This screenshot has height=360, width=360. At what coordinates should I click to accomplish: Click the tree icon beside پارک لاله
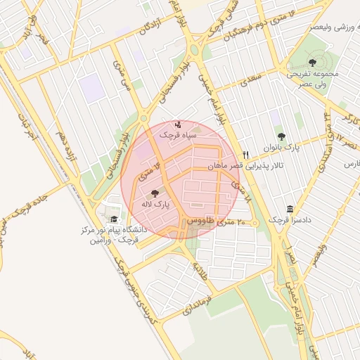[x=155, y=192]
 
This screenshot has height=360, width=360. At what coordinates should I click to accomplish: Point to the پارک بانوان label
[x=282, y=148]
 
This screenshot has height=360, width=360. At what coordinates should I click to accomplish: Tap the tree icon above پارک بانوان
[x=282, y=137]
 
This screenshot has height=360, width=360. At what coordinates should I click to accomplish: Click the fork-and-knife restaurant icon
[x=245, y=155]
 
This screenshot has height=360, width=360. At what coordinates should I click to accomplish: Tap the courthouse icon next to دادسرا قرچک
[x=290, y=209]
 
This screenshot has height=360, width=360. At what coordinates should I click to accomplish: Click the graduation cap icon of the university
[x=114, y=219]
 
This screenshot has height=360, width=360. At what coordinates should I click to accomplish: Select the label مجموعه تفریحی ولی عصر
[x=312, y=77]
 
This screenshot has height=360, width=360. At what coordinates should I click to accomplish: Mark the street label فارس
[x=349, y=163]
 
